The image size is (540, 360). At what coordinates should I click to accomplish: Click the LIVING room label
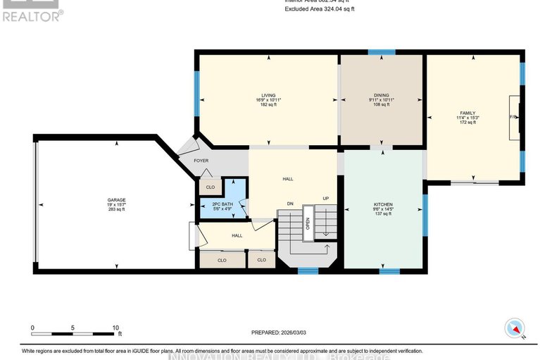click(268, 95)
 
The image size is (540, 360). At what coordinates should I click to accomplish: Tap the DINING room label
click(382, 95)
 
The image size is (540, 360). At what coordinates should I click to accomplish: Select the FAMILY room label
click(467, 112)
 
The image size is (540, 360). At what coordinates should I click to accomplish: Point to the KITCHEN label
click(383, 205)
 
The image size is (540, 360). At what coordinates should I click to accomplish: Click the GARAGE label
click(116, 199)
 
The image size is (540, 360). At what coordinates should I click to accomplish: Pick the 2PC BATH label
click(222, 204)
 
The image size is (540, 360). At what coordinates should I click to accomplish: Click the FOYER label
click(201, 161)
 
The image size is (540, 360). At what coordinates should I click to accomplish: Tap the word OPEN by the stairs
click(307, 223)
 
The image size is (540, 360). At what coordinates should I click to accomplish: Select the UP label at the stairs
click(326, 199)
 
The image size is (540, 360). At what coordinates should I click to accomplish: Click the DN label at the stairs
click(289, 204)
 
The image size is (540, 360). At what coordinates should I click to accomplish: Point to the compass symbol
click(515, 328)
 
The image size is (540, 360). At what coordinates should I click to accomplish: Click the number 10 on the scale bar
click(116, 328)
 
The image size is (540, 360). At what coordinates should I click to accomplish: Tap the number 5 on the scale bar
click(73, 328)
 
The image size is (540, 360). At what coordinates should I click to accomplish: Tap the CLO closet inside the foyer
click(210, 187)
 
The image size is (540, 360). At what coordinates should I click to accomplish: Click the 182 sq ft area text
click(268, 105)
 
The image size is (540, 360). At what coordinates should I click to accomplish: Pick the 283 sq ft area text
click(116, 209)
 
